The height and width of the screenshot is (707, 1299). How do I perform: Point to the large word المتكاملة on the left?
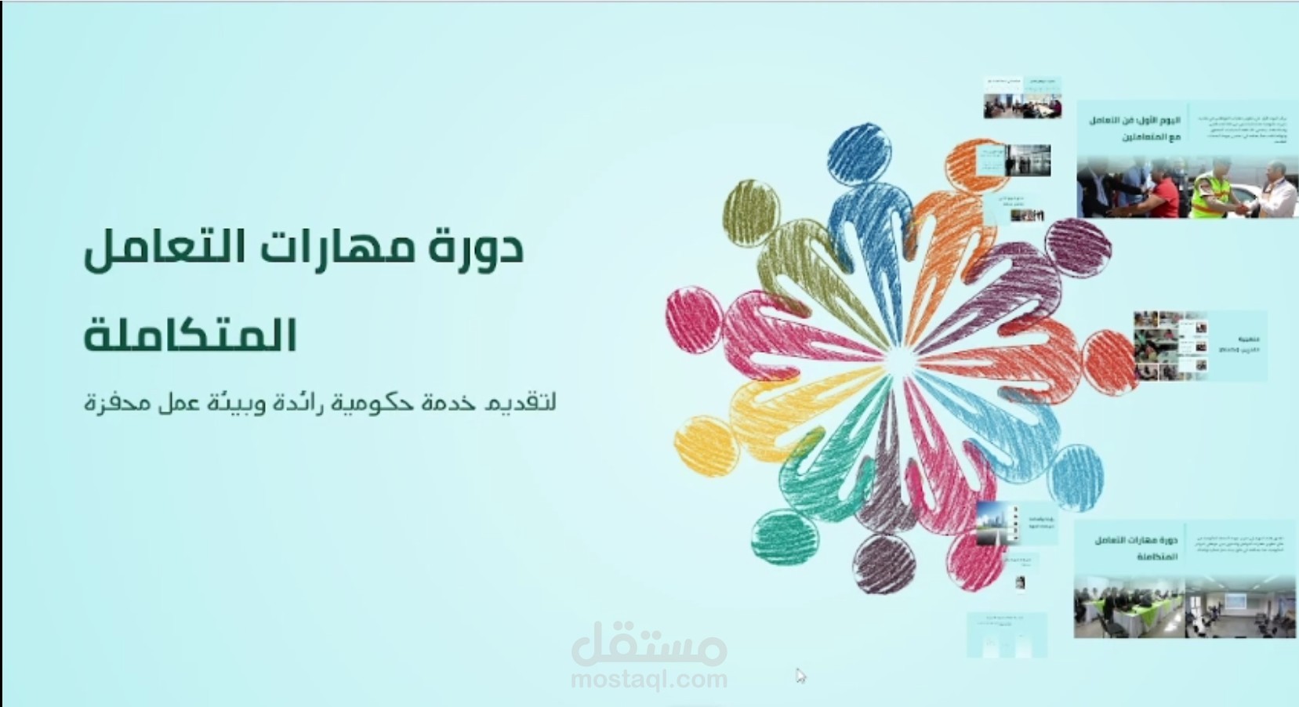coord(190,335)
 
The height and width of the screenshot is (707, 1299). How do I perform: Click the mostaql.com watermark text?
coord(648,679)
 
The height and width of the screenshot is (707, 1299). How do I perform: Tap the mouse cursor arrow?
coord(800,675)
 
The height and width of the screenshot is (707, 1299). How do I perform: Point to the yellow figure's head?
coord(706,445)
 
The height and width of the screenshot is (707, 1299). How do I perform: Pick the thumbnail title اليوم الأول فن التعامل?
coord(1134,128)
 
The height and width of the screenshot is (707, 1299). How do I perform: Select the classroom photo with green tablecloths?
coord(1129,607)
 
